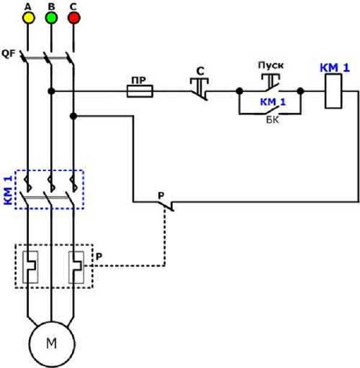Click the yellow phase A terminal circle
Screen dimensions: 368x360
coord(28,18)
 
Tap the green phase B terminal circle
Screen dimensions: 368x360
coord(51,18)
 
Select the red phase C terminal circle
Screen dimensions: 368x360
coord(74,18)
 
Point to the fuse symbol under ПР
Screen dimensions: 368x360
coord(140,91)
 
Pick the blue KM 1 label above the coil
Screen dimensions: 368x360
coord(334,69)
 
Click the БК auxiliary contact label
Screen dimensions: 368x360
coord(273,119)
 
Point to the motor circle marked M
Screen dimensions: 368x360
coord(52,343)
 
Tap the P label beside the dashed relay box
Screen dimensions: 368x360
coord(98,256)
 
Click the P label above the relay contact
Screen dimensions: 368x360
coord(161,196)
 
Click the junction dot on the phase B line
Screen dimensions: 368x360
coord(51,91)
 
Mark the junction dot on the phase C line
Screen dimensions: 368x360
coord(73,114)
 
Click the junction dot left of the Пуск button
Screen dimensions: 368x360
coord(239,91)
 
